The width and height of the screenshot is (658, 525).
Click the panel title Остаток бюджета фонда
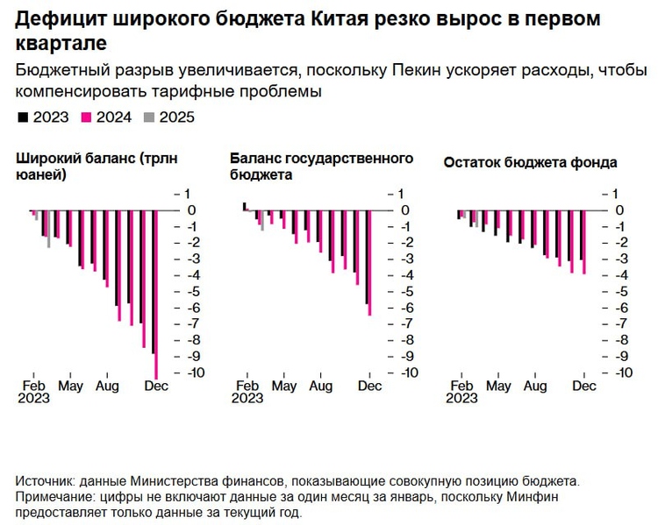point(530,162)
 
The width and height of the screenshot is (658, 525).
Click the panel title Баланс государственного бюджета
point(321,167)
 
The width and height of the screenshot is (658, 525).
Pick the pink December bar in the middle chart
point(370,262)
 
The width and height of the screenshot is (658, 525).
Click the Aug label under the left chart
point(107,387)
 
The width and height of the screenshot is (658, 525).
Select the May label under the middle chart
point(284,387)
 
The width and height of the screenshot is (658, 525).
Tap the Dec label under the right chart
point(584,387)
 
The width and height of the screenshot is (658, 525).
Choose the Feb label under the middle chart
point(248,387)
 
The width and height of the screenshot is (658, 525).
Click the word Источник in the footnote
point(45,481)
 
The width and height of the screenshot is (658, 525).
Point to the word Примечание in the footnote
point(54,497)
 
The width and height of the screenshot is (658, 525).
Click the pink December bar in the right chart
point(584,242)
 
